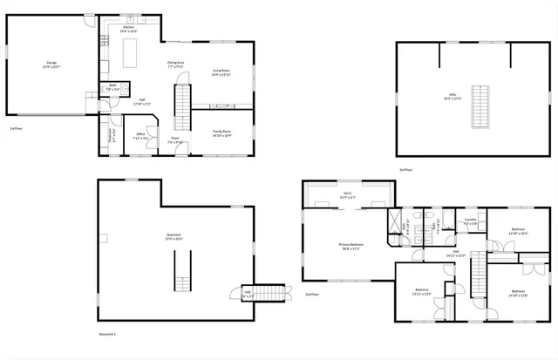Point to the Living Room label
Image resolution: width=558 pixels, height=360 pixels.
click(221, 72)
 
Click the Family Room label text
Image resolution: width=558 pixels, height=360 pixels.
click(221, 133)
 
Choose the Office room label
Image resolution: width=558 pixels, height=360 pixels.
click(139, 135)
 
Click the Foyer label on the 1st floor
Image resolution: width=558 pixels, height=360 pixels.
click(175, 140)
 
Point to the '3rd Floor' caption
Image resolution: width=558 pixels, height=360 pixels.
click(405, 169)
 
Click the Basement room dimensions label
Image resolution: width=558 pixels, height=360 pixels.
click(174, 239)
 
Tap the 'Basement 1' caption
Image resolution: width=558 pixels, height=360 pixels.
click(107, 334)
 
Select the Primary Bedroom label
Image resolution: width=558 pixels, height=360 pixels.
click(350, 247)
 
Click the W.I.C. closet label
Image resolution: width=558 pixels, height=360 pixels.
click(346, 195)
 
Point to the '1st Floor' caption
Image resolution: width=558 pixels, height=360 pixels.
click(16, 128)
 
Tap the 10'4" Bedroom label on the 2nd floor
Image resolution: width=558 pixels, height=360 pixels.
click(518, 233)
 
